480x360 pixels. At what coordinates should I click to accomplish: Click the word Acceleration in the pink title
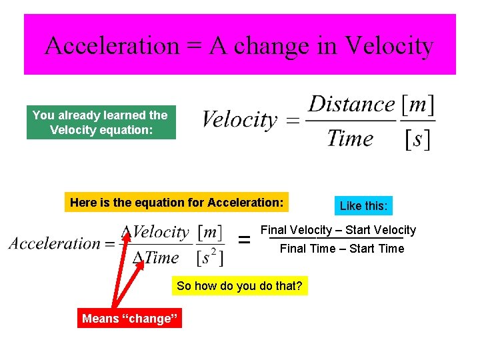111,45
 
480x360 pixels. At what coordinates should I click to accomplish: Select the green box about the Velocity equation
101,123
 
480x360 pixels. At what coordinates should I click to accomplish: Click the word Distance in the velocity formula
351,104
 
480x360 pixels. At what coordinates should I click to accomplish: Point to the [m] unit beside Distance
418,104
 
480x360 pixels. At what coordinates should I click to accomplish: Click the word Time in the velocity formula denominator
349,139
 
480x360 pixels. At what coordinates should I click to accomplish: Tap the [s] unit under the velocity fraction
418,139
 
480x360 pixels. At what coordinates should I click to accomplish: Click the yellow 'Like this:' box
363,206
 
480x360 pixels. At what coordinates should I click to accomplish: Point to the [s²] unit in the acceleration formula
210,257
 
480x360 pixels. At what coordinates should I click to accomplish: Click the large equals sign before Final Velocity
245,239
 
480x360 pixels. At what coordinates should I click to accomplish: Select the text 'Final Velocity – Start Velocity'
338,230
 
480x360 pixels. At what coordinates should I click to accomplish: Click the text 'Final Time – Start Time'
341,249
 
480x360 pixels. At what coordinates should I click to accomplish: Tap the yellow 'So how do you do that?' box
239,287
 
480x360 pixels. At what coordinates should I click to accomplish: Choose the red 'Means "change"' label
130,319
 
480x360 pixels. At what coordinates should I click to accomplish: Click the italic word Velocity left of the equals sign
239,120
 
